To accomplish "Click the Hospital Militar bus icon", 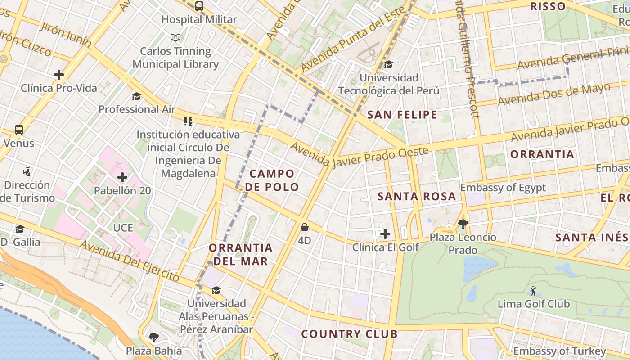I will pyautogui.click(x=199, y=6).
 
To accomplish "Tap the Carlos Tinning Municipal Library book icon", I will pyautogui.click(x=175, y=38).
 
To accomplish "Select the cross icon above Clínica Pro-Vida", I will pyautogui.click(x=59, y=75).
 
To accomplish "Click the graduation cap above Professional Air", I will pyautogui.click(x=136, y=96).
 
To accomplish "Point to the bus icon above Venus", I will pyautogui.click(x=19, y=130).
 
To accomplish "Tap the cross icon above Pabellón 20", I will pyautogui.click(x=122, y=177).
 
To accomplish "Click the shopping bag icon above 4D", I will pyautogui.click(x=305, y=227).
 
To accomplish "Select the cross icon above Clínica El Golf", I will pyautogui.click(x=385, y=234).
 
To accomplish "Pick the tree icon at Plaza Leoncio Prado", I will pyautogui.click(x=463, y=224).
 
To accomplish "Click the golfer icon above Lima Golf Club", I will pyautogui.click(x=533, y=291).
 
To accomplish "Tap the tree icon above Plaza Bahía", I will pyautogui.click(x=154, y=337).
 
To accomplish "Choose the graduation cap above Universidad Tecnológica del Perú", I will pyautogui.click(x=388, y=65).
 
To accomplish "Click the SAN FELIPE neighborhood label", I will pyautogui.click(x=402, y=115).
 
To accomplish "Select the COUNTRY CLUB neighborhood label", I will pyautogui.click(x=349, y=334).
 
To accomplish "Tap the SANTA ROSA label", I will pyautogui.click(x=417, y=197).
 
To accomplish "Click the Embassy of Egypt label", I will pyautogui.click(x=503, y=188).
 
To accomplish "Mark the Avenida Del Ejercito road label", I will pyautogui.click(x=130, y=260).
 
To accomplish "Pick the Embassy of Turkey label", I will pyautogui.click(x=560, y=351).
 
